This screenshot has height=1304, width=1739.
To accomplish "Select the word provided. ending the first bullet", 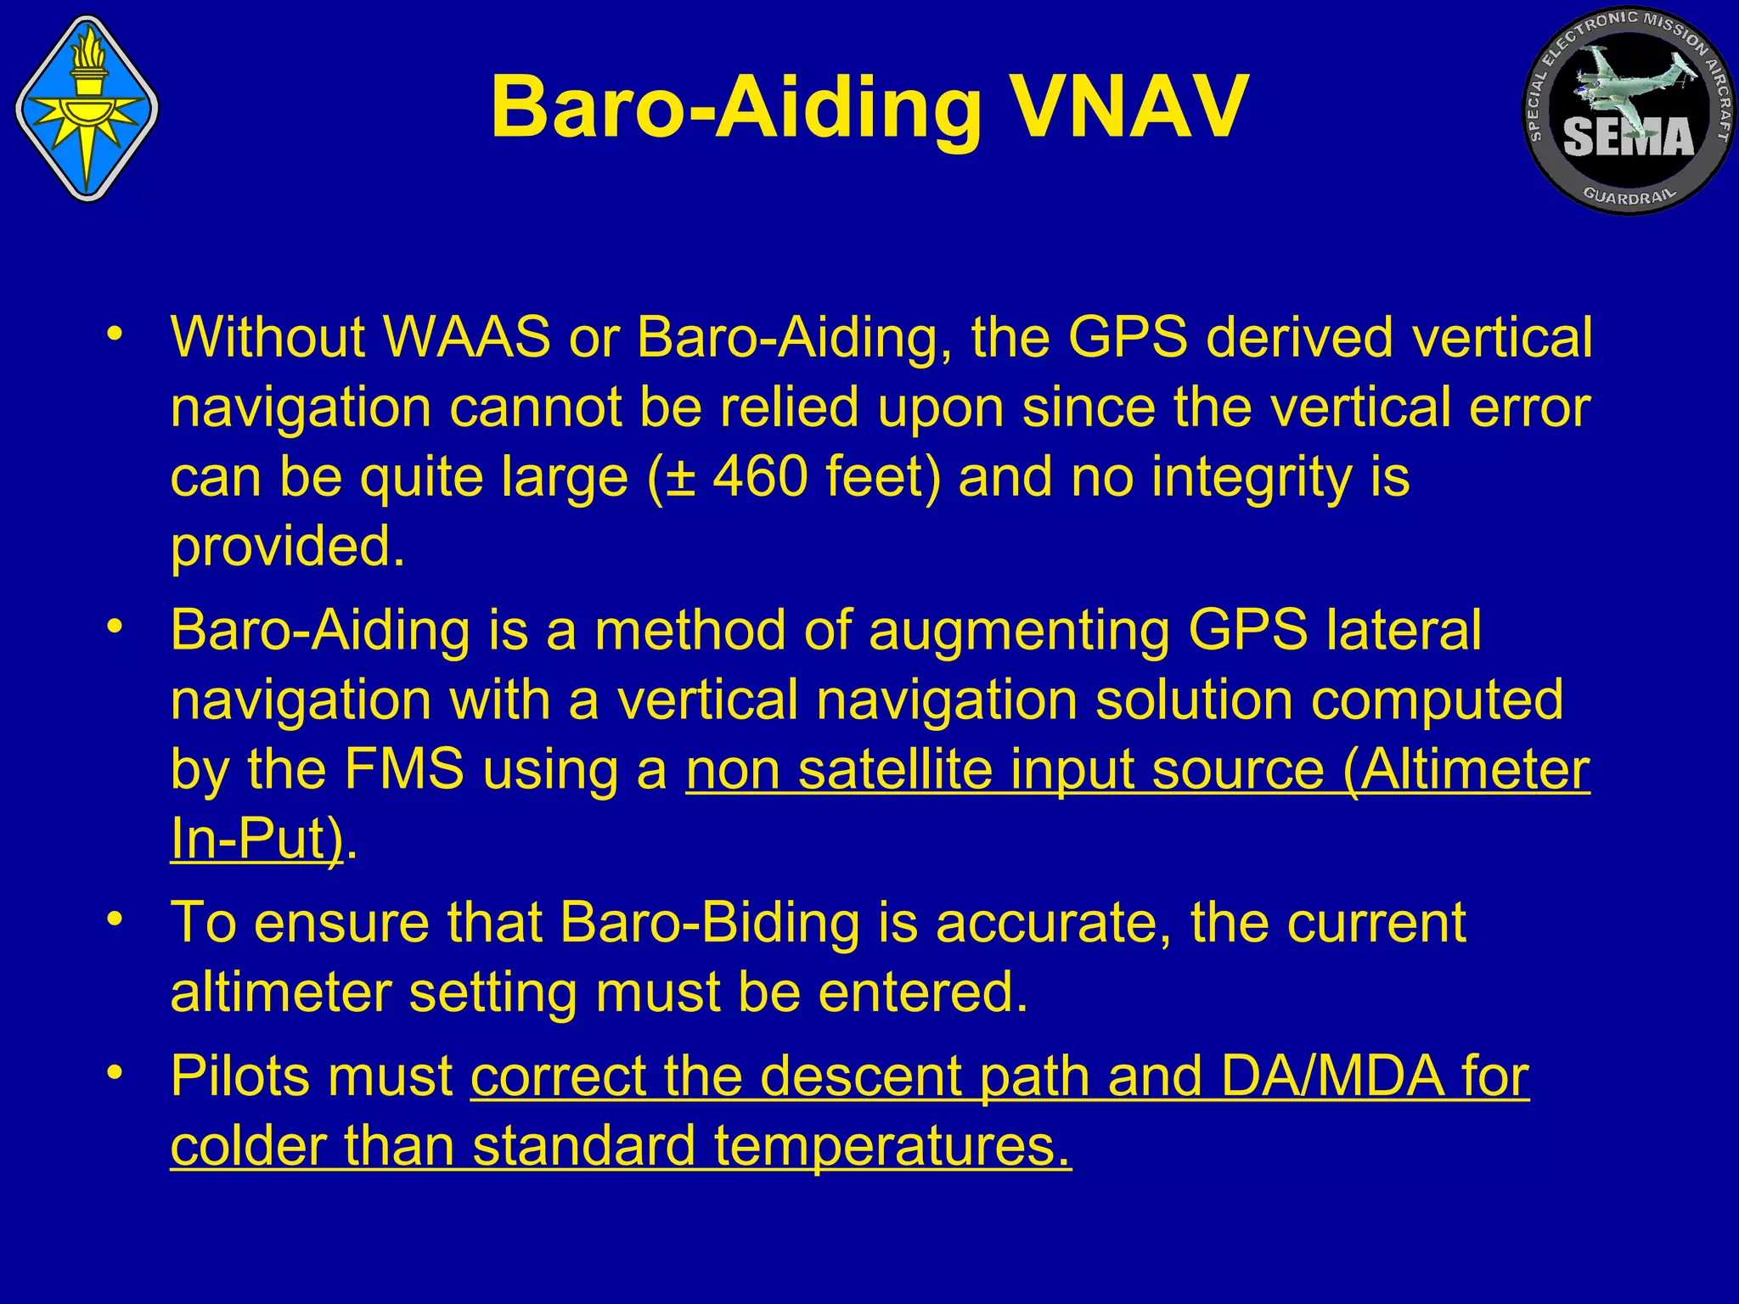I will click(288, 548).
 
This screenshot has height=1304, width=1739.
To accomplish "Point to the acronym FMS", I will click(404, 770).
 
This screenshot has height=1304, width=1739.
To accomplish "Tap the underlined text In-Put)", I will click(256, 840).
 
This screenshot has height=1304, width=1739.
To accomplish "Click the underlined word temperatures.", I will click(892, 1146).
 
